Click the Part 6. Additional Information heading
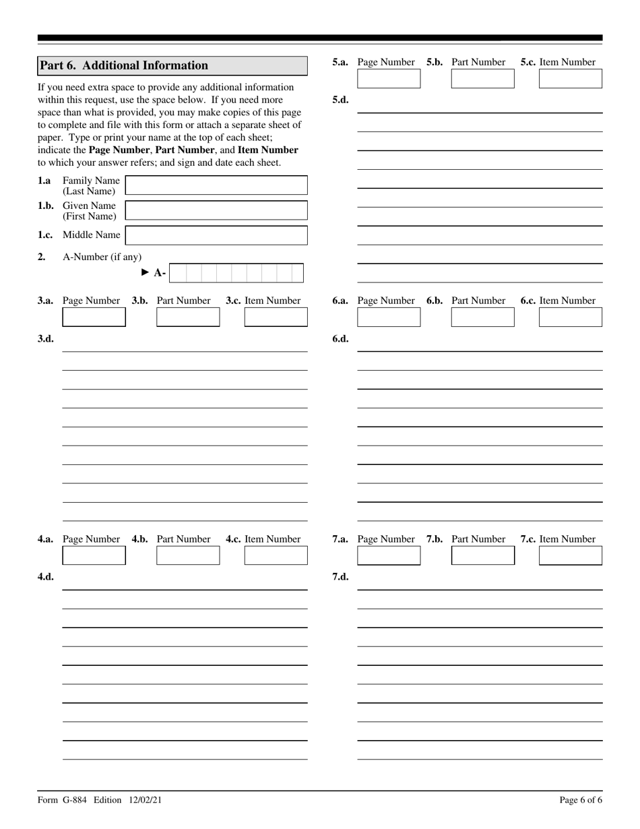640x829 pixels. [x=124, y=65]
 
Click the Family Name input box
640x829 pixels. [x=216, y=185]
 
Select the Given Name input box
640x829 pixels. [x=216, y=210]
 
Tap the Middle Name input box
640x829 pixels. [x=216, y=235]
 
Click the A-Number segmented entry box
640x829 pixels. [x=236, y=273]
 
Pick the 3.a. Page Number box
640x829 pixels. [x=94, y=317]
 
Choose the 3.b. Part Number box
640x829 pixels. [x=188, y=317]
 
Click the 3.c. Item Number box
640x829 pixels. [x=276, y=317]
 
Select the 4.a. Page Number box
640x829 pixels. [x=94, y=555]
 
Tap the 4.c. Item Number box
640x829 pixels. [x=276, y=555]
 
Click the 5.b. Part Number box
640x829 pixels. [x=482, y=78]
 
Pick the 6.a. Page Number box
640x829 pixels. [x=389, y=317]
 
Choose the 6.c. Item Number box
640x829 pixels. [x=571, y=317]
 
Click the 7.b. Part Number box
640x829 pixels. [x=482, y=555]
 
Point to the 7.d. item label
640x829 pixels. [x=340, y=577]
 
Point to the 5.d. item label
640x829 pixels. [x=340, y=100]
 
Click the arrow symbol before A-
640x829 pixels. [x=145, y=272]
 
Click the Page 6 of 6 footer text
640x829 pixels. [x=581, y=800]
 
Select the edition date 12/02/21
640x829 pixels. [x=143, y=800]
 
